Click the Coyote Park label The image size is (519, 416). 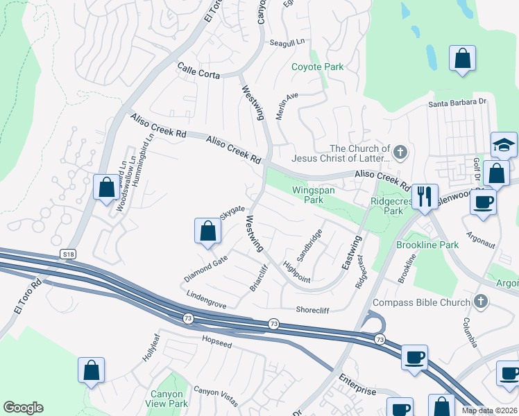(x=317, y=67)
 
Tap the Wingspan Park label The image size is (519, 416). (x=304, y=193)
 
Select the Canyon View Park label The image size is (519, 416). (x=169, y=399)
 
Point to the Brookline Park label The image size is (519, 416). (x=427, y=245)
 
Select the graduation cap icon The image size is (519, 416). (x=504, y=145)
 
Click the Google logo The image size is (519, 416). (x=23, y=408)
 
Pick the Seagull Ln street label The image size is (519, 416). (x=287, y=42)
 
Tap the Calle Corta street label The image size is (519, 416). (x=198, y=71)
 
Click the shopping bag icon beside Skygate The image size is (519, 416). (x=207, y=231)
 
